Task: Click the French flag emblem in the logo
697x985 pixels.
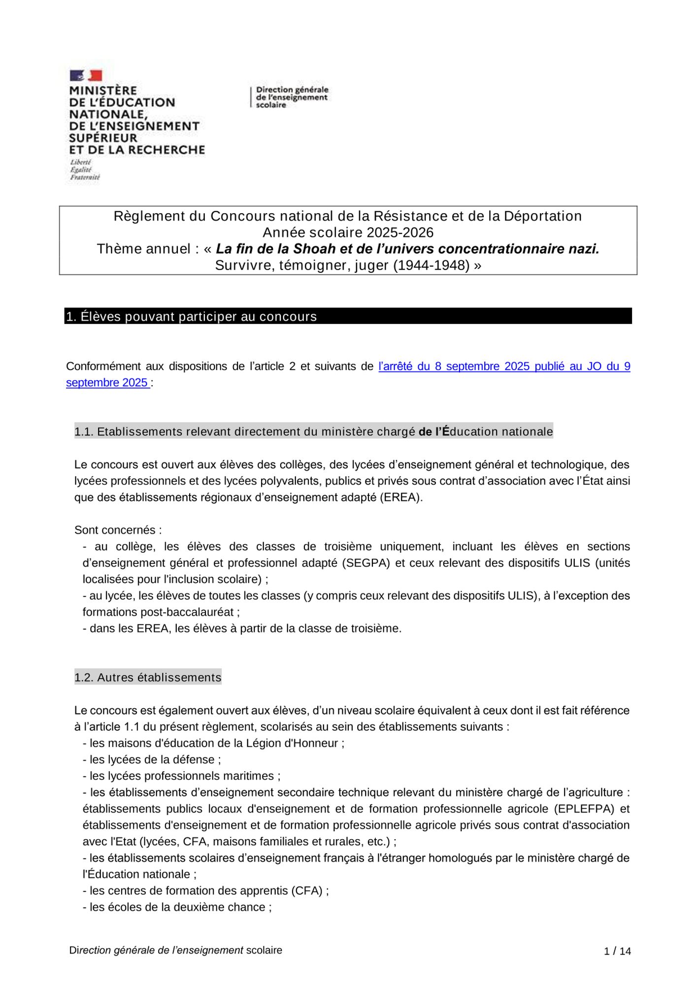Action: click(x=86, y=75)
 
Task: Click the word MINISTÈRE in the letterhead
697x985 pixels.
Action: click(x=103, y=91)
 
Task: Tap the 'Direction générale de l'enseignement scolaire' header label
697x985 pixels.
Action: click(x=292, y=97)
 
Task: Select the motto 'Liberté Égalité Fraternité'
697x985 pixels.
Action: click(x=85, y=169)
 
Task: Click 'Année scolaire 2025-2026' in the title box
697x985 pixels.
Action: click(x=348, y=232)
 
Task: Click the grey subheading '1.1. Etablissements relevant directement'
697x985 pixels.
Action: click(x=313, y=431)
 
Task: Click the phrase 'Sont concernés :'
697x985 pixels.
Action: click(x=118, y=530)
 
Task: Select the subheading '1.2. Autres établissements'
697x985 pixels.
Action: click(x=148, y=677)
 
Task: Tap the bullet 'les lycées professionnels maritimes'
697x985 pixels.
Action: click(x=182, y=776)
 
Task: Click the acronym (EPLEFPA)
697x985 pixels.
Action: click(x=583, y=809)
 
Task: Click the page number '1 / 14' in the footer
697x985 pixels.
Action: click(x=617, y=951)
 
